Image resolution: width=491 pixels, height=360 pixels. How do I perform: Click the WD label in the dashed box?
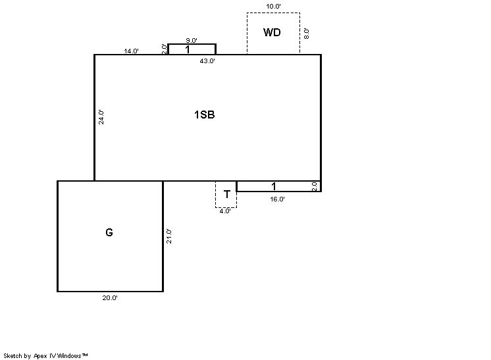(272, 32)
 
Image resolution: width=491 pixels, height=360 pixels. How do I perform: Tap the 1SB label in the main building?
(205, 115)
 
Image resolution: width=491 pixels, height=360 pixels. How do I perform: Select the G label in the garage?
(109, 232)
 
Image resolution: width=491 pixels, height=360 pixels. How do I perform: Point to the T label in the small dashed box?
(226, 194)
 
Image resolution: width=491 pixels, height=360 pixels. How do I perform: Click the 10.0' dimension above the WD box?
(273, 7)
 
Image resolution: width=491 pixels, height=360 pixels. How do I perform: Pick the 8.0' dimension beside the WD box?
(307, 34)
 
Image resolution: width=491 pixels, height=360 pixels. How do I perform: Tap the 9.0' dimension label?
(192, 40)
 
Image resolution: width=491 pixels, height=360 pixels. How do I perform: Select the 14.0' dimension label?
(131, 51)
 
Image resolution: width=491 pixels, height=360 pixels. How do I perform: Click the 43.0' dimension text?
(207, 61)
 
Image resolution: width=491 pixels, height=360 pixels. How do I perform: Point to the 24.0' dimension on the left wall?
(101, 117)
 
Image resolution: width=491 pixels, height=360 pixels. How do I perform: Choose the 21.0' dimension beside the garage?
(168, 236)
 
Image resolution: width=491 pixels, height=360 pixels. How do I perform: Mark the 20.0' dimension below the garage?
(110, 298)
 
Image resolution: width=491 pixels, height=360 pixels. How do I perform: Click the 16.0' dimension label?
(278, 199)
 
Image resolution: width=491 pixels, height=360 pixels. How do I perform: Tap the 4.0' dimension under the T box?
(225, 211)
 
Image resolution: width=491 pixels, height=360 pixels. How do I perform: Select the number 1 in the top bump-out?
(188, 49)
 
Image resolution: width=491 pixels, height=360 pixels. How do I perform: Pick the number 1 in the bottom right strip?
(273, 186)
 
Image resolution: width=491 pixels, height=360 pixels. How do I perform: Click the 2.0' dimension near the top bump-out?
(165, 49)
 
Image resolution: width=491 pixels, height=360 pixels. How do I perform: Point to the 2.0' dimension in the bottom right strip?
(315, 186)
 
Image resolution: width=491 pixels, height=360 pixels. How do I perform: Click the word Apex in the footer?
(40, 356)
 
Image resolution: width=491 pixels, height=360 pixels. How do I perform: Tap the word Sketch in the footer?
(13, 355)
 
